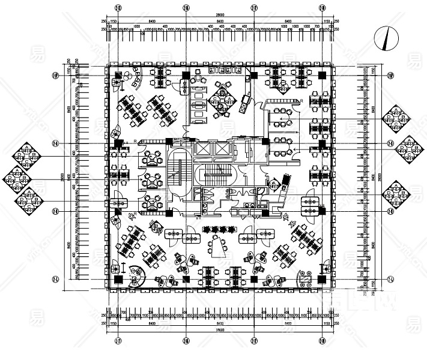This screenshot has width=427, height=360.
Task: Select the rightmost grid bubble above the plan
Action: [x=323, y=8]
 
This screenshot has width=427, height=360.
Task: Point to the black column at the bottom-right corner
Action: [x=323, y=280]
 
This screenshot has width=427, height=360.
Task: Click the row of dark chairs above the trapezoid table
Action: [x=217, y=229]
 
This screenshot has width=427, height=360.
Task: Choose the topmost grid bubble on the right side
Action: [x=390, y=76]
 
